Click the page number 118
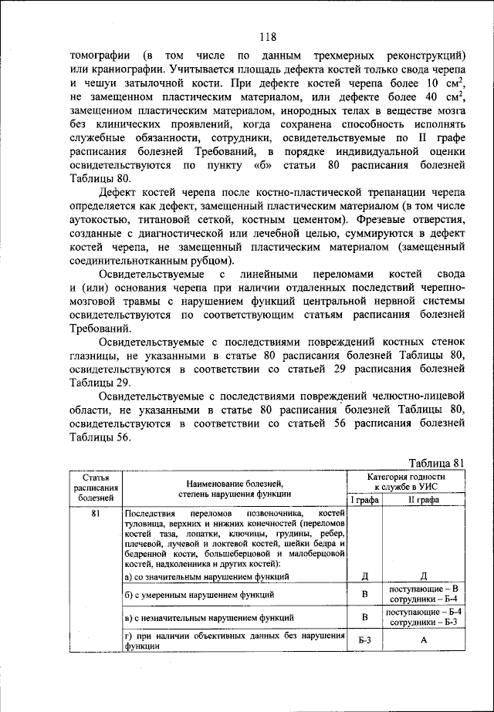[x=268, y=36]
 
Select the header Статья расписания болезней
[x=96, y=488]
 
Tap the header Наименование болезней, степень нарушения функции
[x=235, y=488]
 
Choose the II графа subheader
[x=423, y=501]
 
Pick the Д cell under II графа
[x=423, y=576]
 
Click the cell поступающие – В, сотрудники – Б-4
[x=423, y=595]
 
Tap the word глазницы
[x=95, y=355]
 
